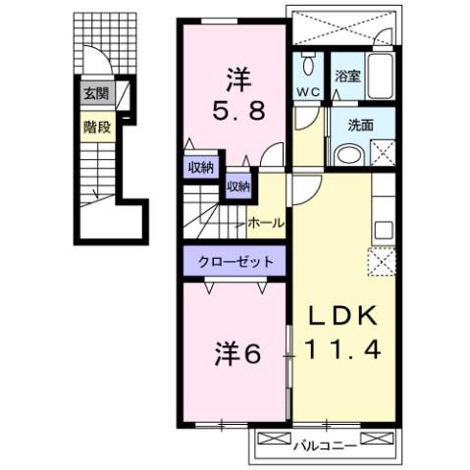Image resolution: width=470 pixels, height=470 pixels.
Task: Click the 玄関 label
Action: pos(95,94)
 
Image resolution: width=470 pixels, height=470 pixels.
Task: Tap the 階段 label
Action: pos(95,126)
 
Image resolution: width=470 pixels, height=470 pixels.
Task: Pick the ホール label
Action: pos(266,223)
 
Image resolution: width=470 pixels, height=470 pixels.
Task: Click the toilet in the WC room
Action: pos(308,67)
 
